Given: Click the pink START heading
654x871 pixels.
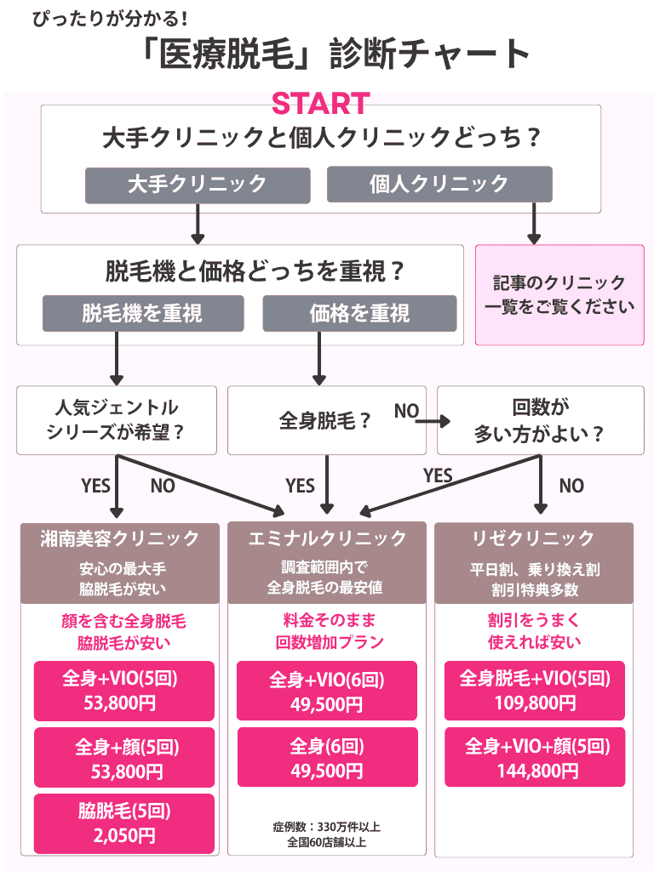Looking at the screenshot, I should coord(320,104).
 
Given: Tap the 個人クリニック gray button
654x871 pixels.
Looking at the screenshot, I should coord(439,184).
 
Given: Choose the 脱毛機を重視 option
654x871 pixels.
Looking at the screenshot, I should coord(143,314).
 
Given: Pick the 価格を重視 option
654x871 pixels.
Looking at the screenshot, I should coord(359,314).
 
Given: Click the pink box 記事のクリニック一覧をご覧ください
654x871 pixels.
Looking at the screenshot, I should coord(559,294).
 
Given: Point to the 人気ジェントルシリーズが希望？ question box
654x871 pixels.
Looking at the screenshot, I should coord(116,420).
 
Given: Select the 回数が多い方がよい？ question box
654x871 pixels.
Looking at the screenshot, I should coord(540,420).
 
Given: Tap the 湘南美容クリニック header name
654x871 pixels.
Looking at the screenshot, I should coord(119,538).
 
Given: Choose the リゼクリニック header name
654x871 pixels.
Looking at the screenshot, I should coord(534,538).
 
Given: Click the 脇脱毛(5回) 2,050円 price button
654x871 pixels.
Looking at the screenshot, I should coord(124,823).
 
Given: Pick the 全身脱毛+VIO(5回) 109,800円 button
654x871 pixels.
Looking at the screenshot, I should coord(535,691).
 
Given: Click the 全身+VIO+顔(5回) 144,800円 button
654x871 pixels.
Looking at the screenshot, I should coord(535,758).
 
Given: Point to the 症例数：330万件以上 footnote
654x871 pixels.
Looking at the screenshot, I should coord(327,826).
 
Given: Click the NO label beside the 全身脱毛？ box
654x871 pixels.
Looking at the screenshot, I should coord(406,412).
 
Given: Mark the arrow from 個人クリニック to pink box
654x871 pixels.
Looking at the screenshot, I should coord(535,223).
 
